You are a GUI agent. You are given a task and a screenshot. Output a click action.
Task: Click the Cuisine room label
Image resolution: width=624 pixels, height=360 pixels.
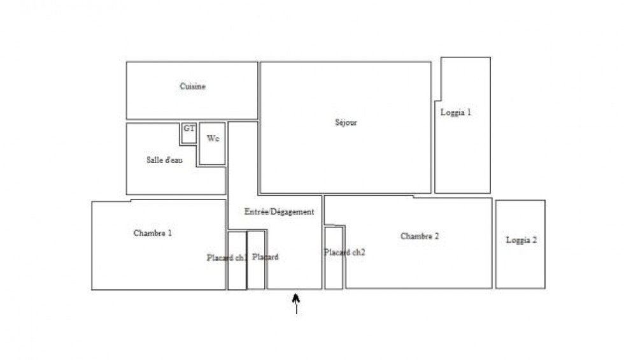[192, 87]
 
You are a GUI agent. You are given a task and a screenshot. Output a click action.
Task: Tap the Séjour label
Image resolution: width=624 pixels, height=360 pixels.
[346, 122]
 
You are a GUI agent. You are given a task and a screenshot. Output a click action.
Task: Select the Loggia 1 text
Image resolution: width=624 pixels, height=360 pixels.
[456, 113]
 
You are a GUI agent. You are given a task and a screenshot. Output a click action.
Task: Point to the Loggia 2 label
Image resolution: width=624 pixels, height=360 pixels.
[521, 240]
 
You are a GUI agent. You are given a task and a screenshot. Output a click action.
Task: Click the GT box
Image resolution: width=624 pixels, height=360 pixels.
[188, 134]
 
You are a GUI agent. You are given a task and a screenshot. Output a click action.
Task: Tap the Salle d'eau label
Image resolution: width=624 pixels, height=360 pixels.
[164, 161]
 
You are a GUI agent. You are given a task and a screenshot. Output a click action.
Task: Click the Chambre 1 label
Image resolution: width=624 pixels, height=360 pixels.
[153, 233]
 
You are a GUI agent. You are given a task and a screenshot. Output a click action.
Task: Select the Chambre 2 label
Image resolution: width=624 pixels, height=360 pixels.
[420, 236]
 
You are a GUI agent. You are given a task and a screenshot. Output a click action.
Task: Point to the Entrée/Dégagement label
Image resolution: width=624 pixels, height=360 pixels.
[280, 212]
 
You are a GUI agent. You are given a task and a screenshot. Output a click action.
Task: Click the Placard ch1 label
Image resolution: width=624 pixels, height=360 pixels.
[227, 258]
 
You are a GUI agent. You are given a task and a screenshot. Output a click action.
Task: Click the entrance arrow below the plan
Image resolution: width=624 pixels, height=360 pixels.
[296, 303]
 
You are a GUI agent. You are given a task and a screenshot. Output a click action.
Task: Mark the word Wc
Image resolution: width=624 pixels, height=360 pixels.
[213, 138]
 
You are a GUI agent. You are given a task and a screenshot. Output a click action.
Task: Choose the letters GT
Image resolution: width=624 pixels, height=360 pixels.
[188, 129]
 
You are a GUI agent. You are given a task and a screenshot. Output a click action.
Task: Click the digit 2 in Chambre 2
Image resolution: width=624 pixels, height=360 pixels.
[437, 236]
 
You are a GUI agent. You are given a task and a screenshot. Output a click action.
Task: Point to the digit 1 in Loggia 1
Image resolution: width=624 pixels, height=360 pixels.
[469, 113]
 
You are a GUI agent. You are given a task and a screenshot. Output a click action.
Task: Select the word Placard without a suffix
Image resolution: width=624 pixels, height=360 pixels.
[265, 257]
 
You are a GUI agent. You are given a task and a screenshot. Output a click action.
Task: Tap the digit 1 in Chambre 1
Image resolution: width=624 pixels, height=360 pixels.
[169, 233]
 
